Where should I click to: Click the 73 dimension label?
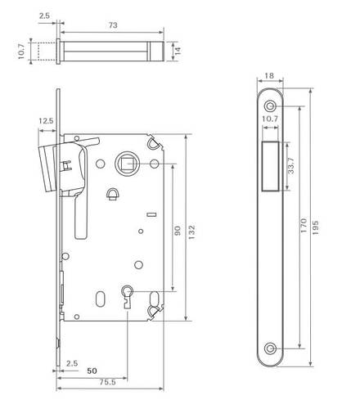(x=113, y=25)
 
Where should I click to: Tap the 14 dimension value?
(x=178, y=51)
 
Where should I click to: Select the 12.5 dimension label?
(x=46, y=121)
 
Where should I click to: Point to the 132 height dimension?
(x=192, y=232)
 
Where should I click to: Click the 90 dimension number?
(x=178, y=231)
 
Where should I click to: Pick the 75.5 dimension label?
(x=107, y=382)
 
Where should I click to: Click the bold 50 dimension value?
(x=92, y=371)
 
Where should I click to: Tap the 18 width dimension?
(x=269, y=76)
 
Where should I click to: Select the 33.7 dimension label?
(x=291, y=165)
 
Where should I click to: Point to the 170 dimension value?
(x=304, y=226)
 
